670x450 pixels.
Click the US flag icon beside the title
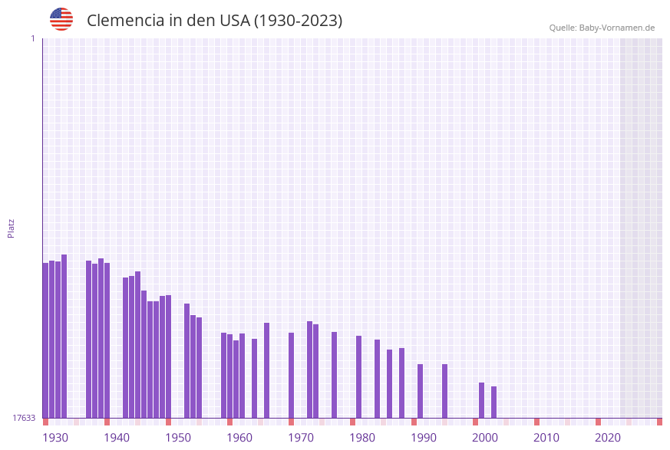[x=61, y=19]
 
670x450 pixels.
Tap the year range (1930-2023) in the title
[x=298, y=21]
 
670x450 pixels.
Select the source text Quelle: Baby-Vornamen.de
[x=601, y=28]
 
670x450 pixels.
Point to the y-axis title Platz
[x=12, y=228]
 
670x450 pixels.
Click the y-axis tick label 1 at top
[x=32, y=38]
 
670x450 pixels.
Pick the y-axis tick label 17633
[x=24, y=418]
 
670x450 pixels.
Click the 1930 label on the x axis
[x=55, y=438]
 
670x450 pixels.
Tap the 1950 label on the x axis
[x=178, y=438]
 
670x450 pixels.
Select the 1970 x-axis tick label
[x=301, y=438]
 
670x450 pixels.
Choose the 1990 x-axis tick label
[x=424, y=438]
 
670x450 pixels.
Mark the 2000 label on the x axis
[x=485, y=438]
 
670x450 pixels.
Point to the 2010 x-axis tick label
[x=546, y=438]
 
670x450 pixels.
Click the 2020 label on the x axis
[x=608, y=438]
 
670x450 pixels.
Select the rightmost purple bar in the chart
[x=494, y=402]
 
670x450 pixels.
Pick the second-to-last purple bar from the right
[x=482, y=399]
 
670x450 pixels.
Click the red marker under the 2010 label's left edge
[x=537, y=422]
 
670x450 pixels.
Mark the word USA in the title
[x=234, y=21]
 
